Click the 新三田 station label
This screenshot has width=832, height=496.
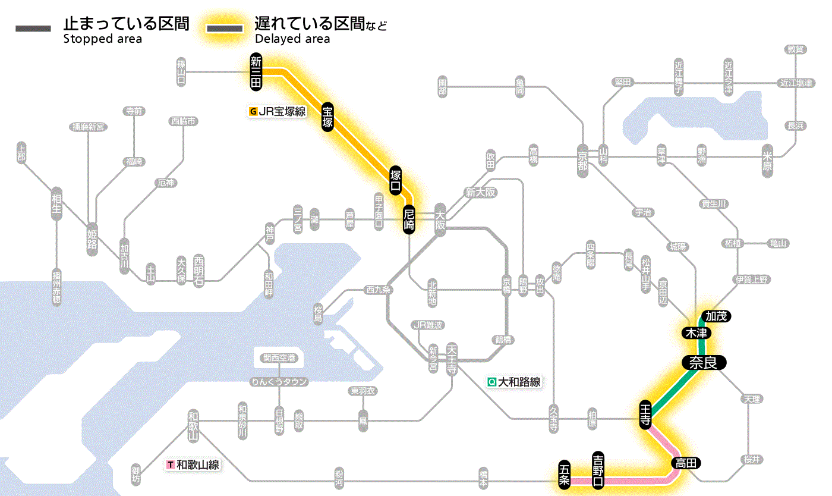pyautogui.click(x=256, y=72)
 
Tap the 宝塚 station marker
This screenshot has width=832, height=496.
pyautogui.click(x=328, y=117)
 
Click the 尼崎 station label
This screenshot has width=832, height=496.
pyautogui.click(x=409, y=219)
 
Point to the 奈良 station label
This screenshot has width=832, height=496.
pyautogui.click(x=704, y=362)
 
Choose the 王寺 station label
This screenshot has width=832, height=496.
pyautogui.click(x=646, y=413)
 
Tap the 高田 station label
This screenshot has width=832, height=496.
pyautogui.click(x=686, y=463)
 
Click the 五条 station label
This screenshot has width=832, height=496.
pyautogui.click(x=565, y=475)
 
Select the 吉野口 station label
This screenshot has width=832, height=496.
pyautogui.click(x=598, y=470)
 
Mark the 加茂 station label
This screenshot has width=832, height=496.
pyautogui.click(x=716, y=316)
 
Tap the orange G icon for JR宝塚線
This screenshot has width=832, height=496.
pyautogui.click(x=254, y=111)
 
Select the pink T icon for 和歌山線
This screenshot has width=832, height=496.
pyautogui.click(x=172, y=464)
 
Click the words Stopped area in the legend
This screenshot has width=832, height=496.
pyautogui.click(x=102, y=39)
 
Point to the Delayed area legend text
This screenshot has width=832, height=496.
pyautogui.click(x=292, y=39)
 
